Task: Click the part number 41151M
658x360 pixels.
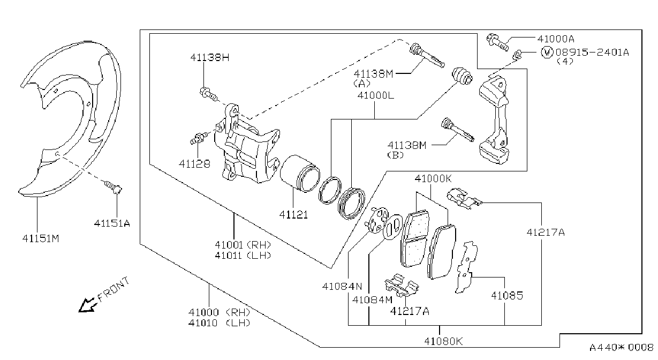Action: pos(41,238)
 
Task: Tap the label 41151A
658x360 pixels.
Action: pos(112,223)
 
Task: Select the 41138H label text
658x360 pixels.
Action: pos(210,57)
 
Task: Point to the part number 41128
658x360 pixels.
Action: pos(194,164)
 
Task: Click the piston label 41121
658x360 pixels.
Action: pos(293,215)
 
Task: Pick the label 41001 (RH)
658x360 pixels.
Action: pos(243,244)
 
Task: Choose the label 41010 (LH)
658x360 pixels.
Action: pos(220,323)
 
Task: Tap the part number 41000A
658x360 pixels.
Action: pos(556,39)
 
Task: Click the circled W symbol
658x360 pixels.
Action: pos(547,52)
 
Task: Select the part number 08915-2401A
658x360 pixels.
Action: pos(592,52)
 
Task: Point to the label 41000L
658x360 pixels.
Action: pos(376,95)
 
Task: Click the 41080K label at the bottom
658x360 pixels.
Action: pos(443,341)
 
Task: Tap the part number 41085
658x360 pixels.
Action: pos(508,296)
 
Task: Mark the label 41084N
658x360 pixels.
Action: pos(342,286)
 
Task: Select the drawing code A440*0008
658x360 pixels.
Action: pos(622,348)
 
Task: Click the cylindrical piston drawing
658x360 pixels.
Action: pos(300,174)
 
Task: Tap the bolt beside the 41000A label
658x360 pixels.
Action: pos(497,43)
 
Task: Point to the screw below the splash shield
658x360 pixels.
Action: pos(114,187)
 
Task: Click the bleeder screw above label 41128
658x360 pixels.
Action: pos(199,138)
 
